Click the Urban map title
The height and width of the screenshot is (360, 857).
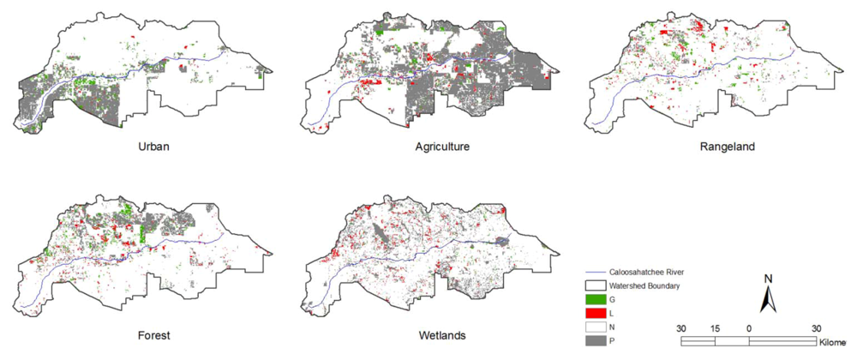pyautogui.click(x=154, y=147)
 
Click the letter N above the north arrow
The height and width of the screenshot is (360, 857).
pyautogui.click(x=769, y=279)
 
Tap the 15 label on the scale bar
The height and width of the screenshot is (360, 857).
pyautogui.click(x=715, y=328)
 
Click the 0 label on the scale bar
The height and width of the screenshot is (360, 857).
pyautogui.click(x=749, y=328)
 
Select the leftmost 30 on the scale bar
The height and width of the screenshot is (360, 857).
pyautogui.click(x=681, y=328)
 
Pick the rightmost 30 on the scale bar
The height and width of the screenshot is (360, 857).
pyautogui.click(x=816, y=328)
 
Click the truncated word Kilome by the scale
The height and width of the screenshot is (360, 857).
pyautogui.click(x=836, y=341)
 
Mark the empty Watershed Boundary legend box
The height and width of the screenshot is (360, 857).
pyautogui.click(x=596, y=285)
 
